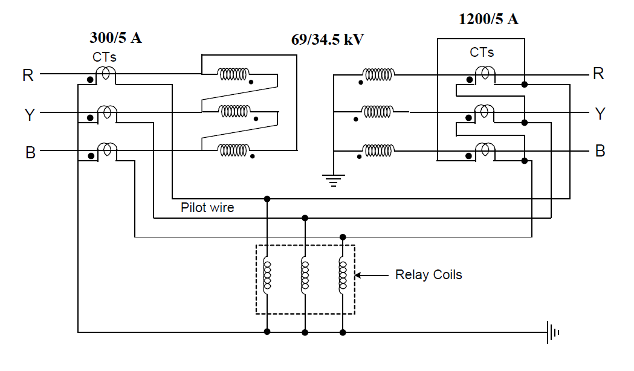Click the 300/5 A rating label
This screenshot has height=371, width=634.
pyautogui.click(x=116, y=38)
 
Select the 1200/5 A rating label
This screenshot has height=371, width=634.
pyautogui.click(x=488, y=19)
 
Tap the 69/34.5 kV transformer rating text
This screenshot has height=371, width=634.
pyautogui.click(x=328, y=40)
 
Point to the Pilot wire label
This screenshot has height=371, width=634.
pyautogui.click(x=207, y=208)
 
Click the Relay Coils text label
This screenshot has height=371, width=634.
pyautogui.click(x=429, y=275)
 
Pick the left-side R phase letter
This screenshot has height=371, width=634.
pyautogui.click(x=28, y=76)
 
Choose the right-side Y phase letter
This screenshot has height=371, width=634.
pyautogui.click(x=600, y=114)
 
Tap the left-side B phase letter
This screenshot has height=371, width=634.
pyautogui.click(x=30, y=152)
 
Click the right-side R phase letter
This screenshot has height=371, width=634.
pyautogui.click(x=598, y=74)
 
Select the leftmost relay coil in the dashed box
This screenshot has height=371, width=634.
pyautogui.click(x=267, y=276)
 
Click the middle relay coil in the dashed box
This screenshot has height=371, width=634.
pyautogui.click(x=305, y=276)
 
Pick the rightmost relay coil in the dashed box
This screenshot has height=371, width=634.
pyautogui.click(x=343, y=276)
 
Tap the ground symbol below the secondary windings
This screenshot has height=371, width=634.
pyautogui.click(x=333, y=179)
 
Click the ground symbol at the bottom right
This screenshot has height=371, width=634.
pyautogui.click(x=553, y=332)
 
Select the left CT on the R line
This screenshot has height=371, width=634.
pyautogui.click(x=107, y=74)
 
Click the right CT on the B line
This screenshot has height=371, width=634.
pyautogui.click(x=484, y=149)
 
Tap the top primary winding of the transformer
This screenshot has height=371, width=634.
pyautogui.click(x=233, y=74)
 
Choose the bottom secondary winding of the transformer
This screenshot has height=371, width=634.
pyautogui.click(x=378, y=149)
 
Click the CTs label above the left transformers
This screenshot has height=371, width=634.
pyautogui.click(x=104, y=58)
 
